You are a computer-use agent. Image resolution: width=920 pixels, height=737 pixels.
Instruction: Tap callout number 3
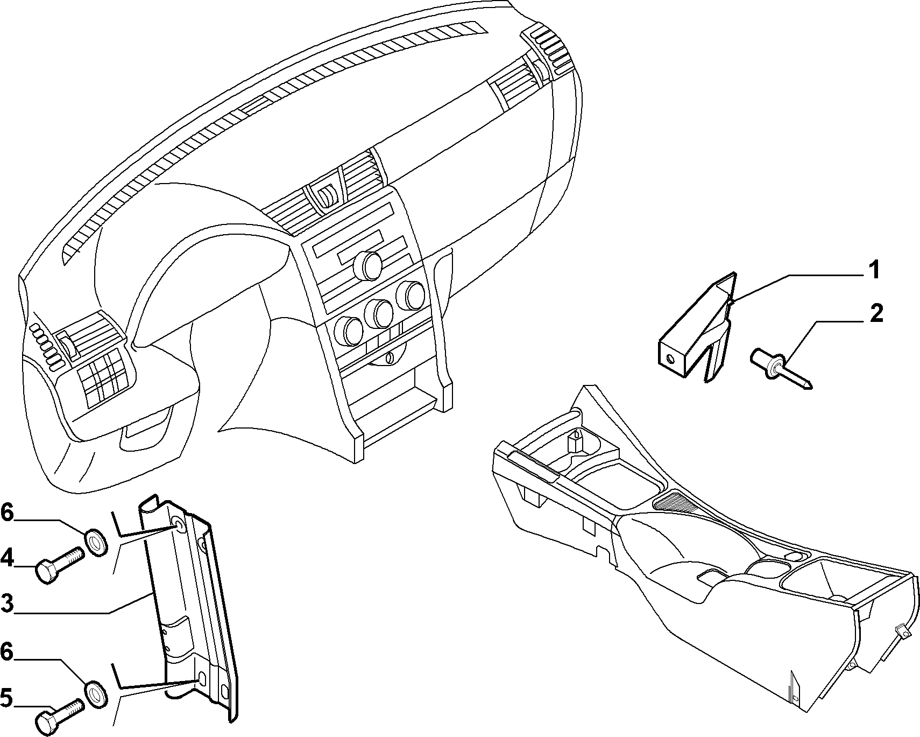(x=7, y=603)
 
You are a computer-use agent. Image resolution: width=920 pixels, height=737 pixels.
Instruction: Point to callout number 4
(x=7, y=557)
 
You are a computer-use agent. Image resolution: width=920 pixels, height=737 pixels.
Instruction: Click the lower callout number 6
(x=7, y=652)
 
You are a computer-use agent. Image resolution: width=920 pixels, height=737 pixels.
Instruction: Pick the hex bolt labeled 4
(x=59, y=564)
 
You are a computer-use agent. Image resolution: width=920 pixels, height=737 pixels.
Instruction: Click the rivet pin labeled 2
(x=781, y=368)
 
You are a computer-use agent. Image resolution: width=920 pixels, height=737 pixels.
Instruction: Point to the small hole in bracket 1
(x=670, y=359)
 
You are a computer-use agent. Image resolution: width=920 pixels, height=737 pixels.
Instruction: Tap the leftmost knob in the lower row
(x=345, y=332)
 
